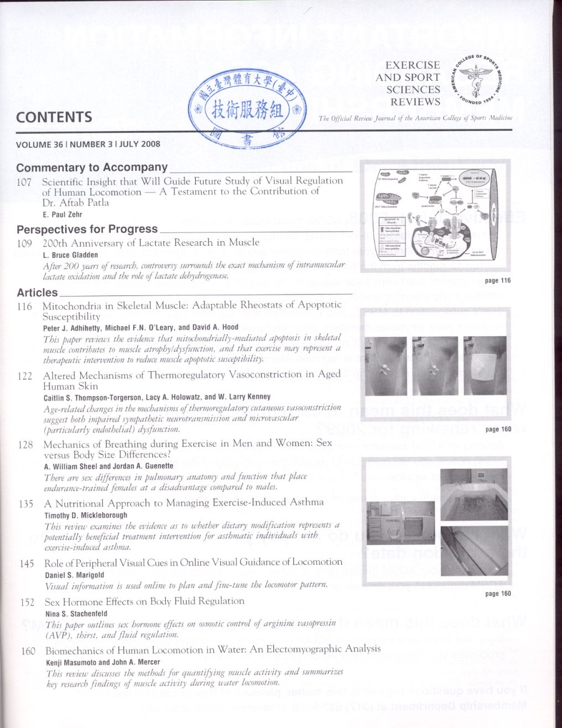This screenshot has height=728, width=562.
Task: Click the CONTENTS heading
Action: pyautogui.click(x=54, y=117)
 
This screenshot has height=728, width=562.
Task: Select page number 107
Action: pyautogui.click(x=24, y=181)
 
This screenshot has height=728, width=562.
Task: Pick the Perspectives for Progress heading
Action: pyautogui.click(x=87, y=229)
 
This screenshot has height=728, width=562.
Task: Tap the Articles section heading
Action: pyautogui.click(x=37, y=293)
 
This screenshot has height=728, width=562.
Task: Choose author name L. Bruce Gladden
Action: pyautogui.click(x=70, y=255)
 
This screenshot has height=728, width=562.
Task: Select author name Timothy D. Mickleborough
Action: pyautogui.click(x=86, y=515)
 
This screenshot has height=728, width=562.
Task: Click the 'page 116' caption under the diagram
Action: pyautogui.click(x=497, y=280)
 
